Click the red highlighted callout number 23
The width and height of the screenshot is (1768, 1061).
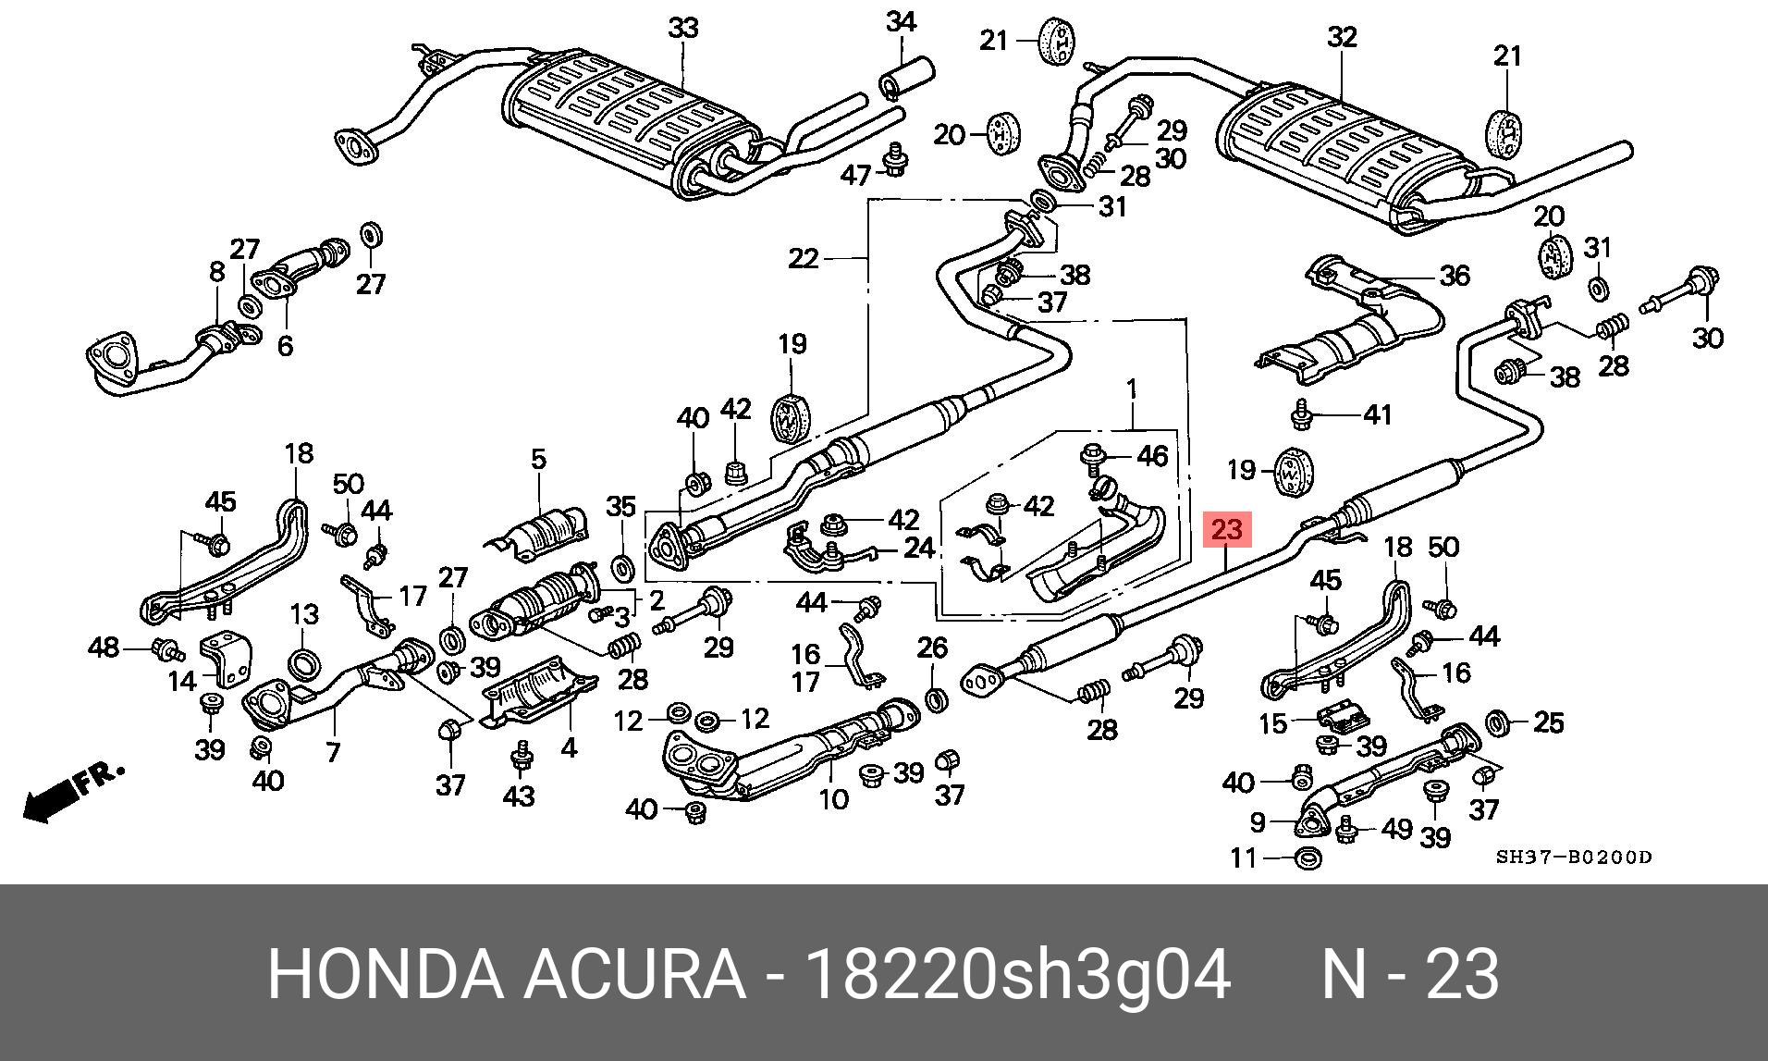(x=1226, y=530)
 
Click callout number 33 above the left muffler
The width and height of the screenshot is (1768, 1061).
(x=683, y=29)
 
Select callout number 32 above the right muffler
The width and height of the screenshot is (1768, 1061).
(x=1342, y=37)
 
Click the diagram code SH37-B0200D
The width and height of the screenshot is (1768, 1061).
(x=1574, y=857)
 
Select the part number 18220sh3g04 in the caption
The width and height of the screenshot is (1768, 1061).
(x=1017, y=974)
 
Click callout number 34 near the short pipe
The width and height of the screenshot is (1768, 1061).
(x=901, y=22)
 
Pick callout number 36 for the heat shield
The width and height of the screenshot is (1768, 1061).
(x=1455, y=275)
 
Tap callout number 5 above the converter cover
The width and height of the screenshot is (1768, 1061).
(x=539, y=459)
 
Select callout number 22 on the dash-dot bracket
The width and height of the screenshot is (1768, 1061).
(x=804, y=258)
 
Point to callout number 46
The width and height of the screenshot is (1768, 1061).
(x=1152, y=455)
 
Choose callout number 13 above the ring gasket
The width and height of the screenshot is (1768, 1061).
(x=304, y=614)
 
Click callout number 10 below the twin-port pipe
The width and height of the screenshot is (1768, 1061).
(x=834, y=798)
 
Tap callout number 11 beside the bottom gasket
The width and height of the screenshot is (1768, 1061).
(x=1245, y=858)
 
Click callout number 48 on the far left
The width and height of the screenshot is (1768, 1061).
(x=104, y=648)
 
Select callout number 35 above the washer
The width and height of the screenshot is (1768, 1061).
(x=621, y=506)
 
